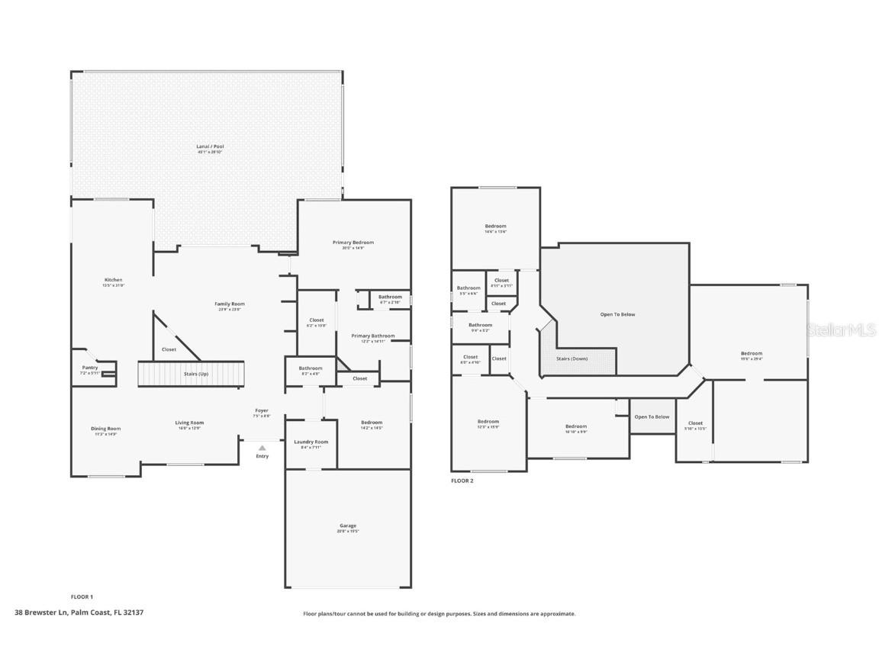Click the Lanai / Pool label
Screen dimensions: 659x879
pyautogui.click(x=211, y=146)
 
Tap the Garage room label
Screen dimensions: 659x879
pyautogui.click(x=348, y=526)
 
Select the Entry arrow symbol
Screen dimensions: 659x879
pyautogui.click(x=262, y=448)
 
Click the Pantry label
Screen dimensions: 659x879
pyautogui.click(x=90, y=368)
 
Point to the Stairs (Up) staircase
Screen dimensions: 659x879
pyautogui.click(x=191, y=374)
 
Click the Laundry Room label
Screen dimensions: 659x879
pyautogui.click(x=311, y=442)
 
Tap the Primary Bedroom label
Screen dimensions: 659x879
pyautogui.click(x=353, y=243)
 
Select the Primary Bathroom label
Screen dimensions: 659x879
pyautogui.click(x=373, y=336)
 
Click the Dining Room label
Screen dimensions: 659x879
pyautogui.click(x=106, y=429)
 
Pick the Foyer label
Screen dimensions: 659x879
pyautogui.click(x=262, y=411)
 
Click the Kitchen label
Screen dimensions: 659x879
pyautogui.click(x=113, y=280)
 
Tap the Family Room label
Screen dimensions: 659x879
pyautogui.click(x=230, y=304)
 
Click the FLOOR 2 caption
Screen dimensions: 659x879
pyautogui.click(x=462, y=481)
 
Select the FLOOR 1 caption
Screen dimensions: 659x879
pyautogui.click(x=82, y=596)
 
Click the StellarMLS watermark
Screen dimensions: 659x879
pyautogui.click(x=842, y=329)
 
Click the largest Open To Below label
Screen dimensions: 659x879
pyautogui.click(x=617, y=314)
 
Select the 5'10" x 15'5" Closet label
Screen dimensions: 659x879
pyautogui.click(x=695, y=424)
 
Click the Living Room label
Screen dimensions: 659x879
pyautogui.click(x=189, y=423)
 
